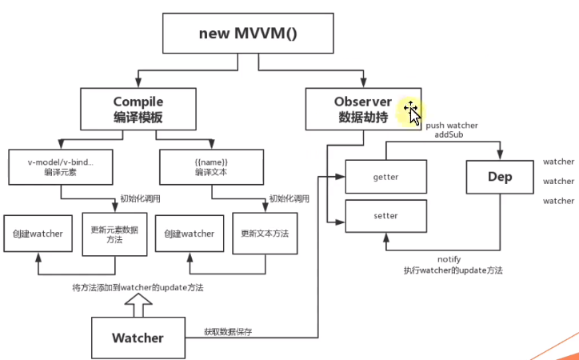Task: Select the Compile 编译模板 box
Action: point(138,110)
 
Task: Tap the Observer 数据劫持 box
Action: point(362,110)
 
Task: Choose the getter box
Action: point(385,176)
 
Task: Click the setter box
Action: point(385,216)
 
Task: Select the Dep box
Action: point(500,177)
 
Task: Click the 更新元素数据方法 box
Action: point(111,234)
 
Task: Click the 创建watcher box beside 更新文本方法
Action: point(190,234)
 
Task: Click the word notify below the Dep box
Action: point(449,259)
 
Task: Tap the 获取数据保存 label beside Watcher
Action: point(228,331)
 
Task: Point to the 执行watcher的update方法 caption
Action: point(453,271)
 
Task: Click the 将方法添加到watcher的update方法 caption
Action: point(137,287)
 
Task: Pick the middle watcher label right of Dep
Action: point(558,182)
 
